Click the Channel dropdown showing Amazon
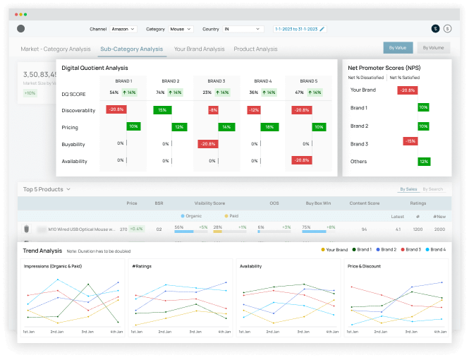(x=123, y=29)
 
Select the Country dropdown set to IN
(x=243, y=29)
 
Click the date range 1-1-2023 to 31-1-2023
(x=300, y=29)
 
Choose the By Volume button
(x=433, y=48)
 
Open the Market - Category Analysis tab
(x=56, y=49)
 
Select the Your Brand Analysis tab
(x=199, y=49)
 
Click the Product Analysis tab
(x=255, y=49)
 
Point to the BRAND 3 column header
(x=217, y=81)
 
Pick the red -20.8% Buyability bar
(x=207, y=143)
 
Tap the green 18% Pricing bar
(x=267, y=127)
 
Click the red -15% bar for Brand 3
(x=409, y=141)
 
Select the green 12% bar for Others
(x=424, y=162)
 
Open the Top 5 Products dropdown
(x=47, y=189)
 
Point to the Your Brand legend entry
(x=334, y=250)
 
